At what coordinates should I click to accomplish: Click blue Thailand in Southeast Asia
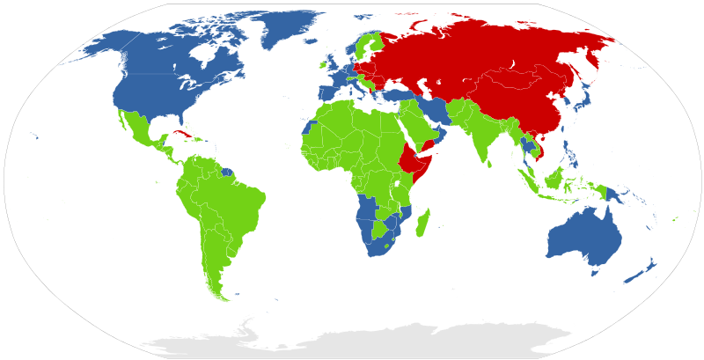pyautogui.click(x=528, y=145)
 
